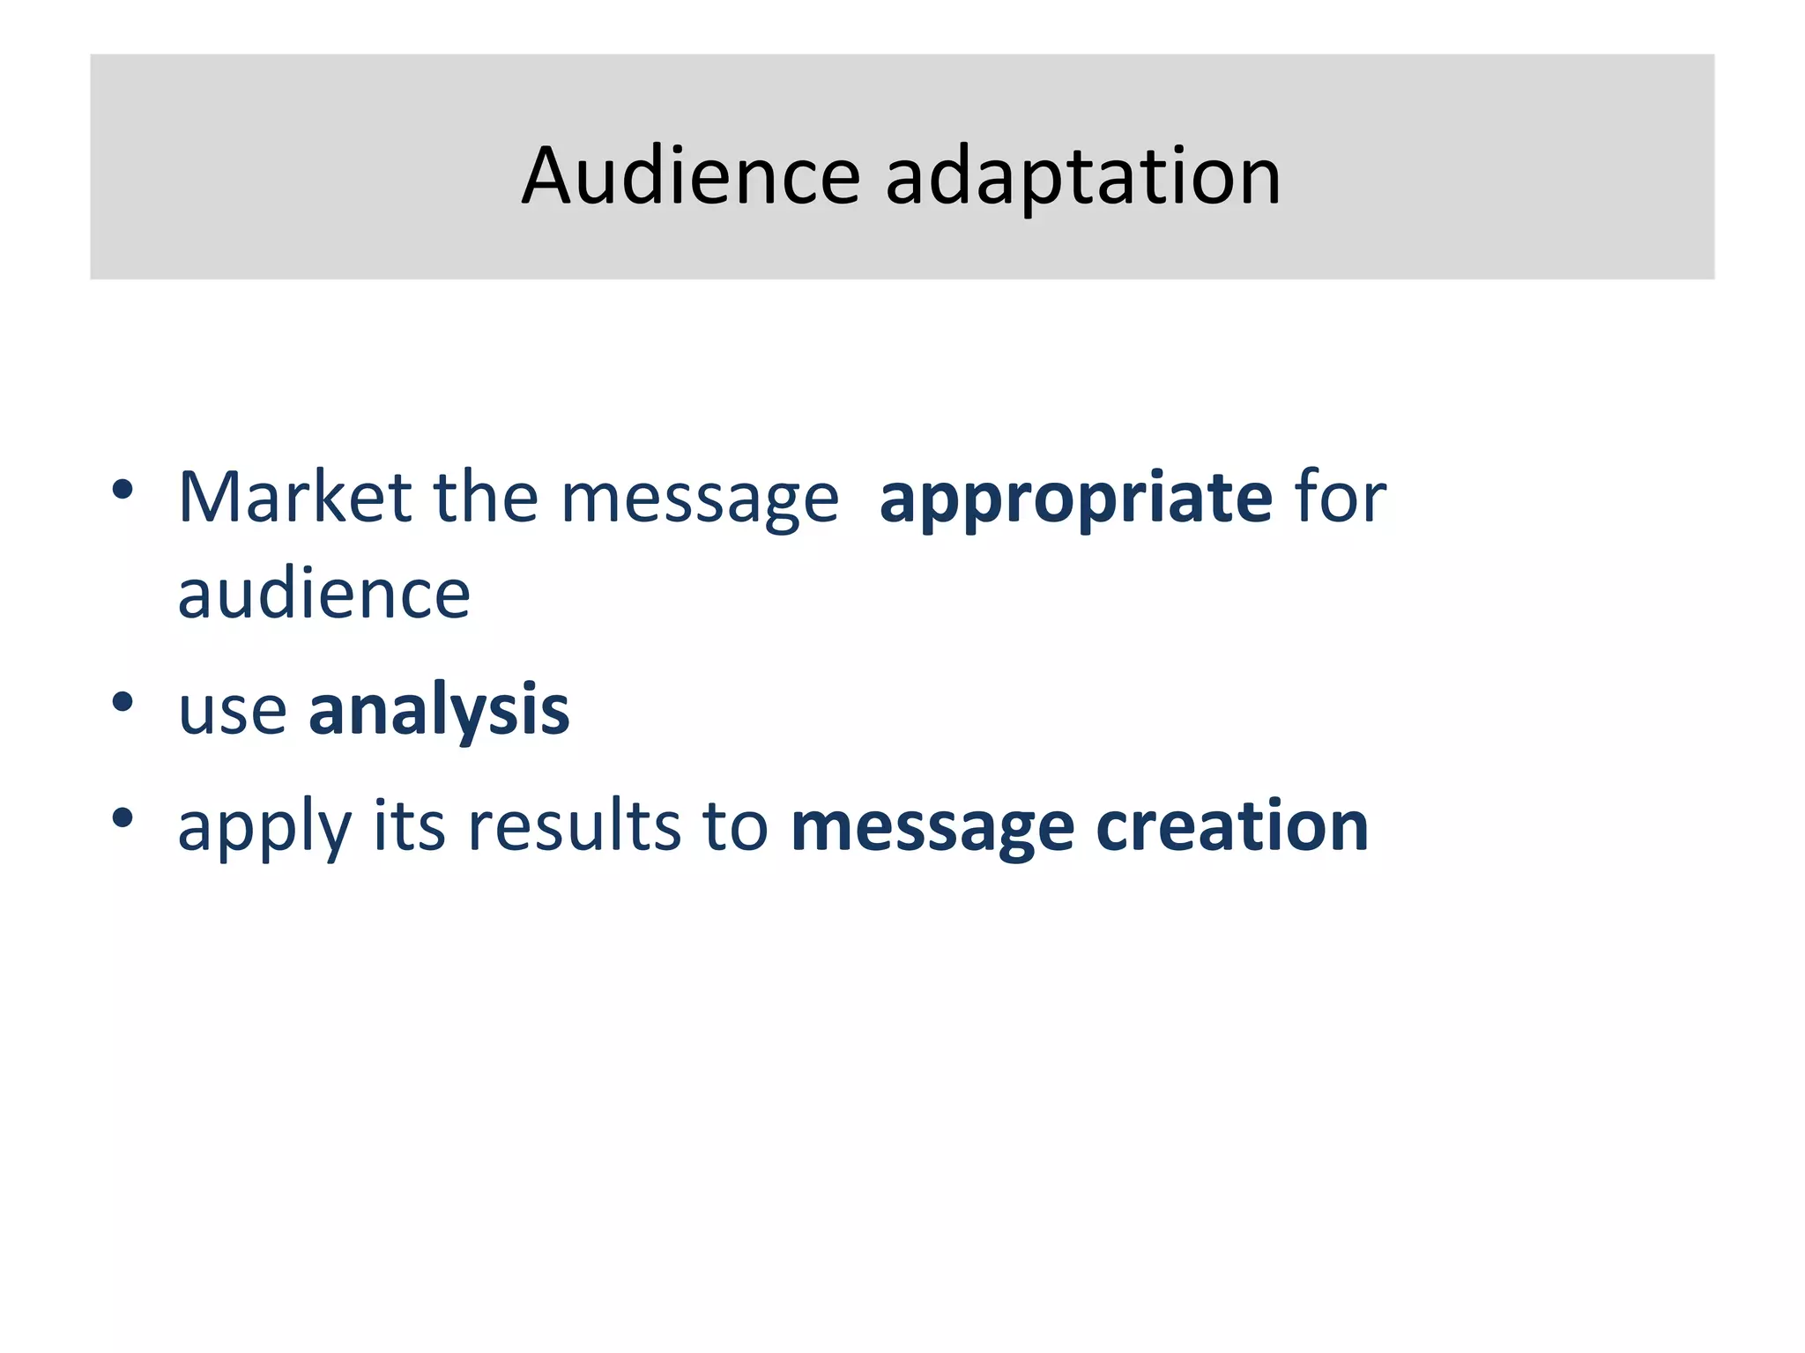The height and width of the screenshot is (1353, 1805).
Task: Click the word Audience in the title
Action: (690, 176)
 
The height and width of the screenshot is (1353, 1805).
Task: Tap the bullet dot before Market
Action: (123, 489)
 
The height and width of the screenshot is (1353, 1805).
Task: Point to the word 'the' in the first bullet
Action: (486, 498)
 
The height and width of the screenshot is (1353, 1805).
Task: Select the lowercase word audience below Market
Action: (323, 595)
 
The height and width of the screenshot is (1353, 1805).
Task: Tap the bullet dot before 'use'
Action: (123, 702)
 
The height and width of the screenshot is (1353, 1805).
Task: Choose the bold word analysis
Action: (439, 712)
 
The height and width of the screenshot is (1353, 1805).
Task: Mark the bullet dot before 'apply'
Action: (123, 817)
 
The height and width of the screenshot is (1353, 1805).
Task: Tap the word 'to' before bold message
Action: (735, 828)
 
